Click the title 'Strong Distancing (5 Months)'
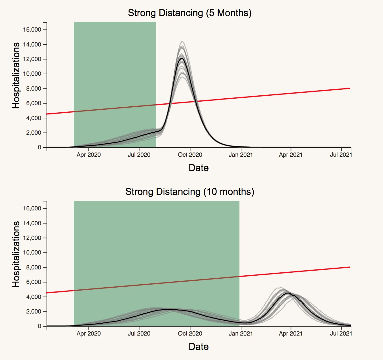[x=190, y=13]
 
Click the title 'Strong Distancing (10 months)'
[x=190, y=192]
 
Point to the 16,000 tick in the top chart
[x=32, y=30]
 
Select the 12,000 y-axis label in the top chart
[x=32, y=59]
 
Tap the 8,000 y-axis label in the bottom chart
[x=33, y=267]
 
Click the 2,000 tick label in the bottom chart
[x=33, y=311]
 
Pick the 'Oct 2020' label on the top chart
[x=190, y=155]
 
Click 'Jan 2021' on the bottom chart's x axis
[x=240, y=333]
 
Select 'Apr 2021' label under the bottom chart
[x=291, y=333]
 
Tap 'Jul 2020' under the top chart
[x=139, y=155]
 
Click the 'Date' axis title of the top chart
[x=199, y=168]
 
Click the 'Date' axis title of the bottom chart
[x=199, y=347]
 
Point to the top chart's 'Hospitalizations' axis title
[x=16, y=76]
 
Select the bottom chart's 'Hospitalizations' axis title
[x=16, y=254]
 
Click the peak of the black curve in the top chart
[x=182, y=58]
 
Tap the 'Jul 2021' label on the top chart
[x=341, y=155]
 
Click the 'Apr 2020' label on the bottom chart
[x=89, y=333]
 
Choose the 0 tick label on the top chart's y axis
[x=39, y=148]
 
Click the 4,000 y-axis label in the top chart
[x=33, y=118]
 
